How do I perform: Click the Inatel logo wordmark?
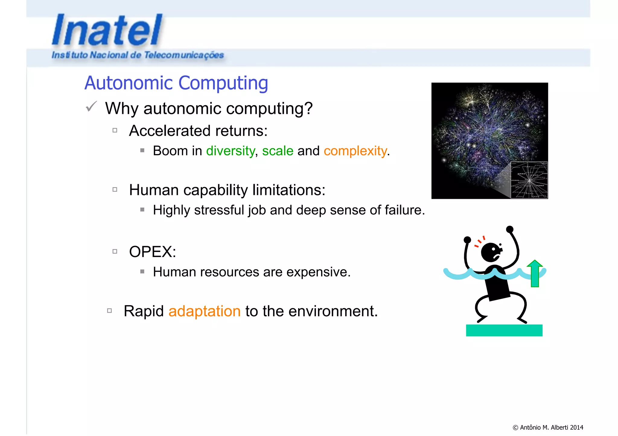[x=107, y=30]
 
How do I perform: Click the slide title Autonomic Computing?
[x=176, y=83]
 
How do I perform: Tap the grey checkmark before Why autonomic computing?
[x=91, y=106]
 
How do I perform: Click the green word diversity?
[x=230, y=151]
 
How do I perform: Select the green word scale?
[x=277, y=151]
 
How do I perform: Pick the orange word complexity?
[x=355, y=151]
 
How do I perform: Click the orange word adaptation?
[x=204, y=311]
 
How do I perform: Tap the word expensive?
[x=317, y=272]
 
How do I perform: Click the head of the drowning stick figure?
[x=491, y=252]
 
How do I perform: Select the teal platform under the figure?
[x=504, y=330]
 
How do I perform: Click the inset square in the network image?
[x=529, y=180]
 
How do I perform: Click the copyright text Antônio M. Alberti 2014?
[x=548, y=427]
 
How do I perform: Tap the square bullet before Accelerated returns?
[x=115, y=130]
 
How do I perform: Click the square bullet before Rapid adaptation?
[x=110, y=311]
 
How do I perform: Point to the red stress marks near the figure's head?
[x=479, y=241]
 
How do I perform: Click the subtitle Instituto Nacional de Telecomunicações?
[x=138, y=55]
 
